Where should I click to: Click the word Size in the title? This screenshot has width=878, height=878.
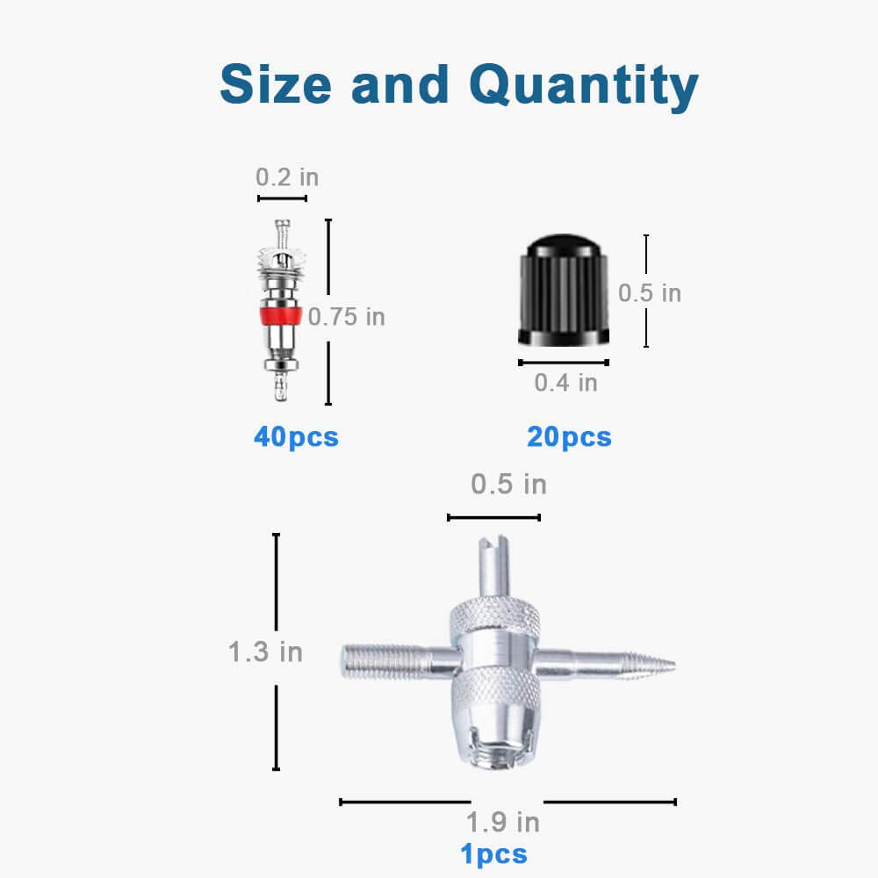click(276, 83)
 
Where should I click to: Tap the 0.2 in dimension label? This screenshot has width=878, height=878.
click(287, 177)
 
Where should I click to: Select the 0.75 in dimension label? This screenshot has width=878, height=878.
click(347, 317)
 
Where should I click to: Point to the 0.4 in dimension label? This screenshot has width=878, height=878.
click(566, 383)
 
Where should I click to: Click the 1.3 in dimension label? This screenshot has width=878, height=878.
click(265, 652)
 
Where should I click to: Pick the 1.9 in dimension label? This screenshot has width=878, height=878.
click(503, 823)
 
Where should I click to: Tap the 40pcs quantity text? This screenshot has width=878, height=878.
click(296, 436)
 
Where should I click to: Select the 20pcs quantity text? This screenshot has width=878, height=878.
click(569, 436)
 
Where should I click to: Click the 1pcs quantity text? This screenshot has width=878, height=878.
click(493, 854)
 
